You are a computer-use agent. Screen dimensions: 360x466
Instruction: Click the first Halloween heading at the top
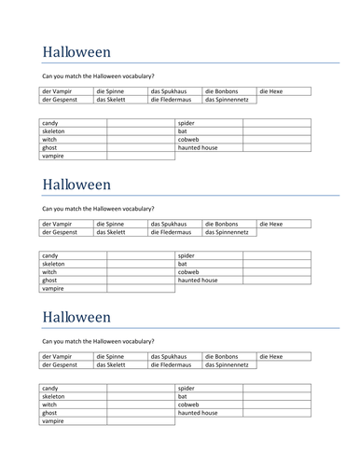76,52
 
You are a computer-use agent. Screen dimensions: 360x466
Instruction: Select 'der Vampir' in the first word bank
59,91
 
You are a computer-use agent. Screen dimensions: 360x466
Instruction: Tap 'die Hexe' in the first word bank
270,91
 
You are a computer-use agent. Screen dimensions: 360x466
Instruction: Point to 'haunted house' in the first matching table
198,147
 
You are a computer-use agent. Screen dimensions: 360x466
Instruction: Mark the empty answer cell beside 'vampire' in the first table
140,156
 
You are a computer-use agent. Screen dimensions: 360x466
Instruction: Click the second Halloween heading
76,185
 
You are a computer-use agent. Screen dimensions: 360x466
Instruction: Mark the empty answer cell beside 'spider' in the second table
276,255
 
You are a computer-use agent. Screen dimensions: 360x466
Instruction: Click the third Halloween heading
76,317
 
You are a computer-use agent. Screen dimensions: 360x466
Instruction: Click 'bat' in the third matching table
183,396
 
